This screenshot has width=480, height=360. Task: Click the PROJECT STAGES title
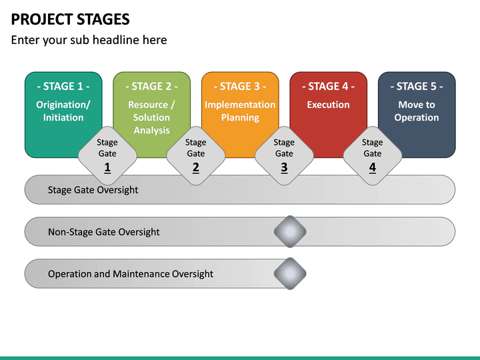coord(71,19)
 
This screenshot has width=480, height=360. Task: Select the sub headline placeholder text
coord(89,40)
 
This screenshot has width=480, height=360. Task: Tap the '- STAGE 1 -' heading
coord(63,86)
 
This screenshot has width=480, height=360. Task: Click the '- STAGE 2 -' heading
coord(151,86)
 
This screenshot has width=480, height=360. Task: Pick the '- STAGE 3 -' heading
coord(240,86)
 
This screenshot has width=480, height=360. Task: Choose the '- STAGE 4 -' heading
coord(328,86)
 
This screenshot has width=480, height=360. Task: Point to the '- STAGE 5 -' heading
coord(417,86)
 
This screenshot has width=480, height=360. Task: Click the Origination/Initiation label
coord(63,111)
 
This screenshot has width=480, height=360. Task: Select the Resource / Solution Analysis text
coord(151,117)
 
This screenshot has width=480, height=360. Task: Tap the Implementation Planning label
coord(240,111)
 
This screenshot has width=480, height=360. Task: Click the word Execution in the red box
coord(328,105)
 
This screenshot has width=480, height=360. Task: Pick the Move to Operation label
coord(417,111)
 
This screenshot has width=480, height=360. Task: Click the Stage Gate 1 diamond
coord(107,155)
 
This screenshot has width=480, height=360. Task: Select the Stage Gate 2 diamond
coord(195,155)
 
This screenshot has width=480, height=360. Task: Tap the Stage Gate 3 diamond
coord(284,155)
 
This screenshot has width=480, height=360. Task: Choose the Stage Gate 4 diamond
coord(372,155)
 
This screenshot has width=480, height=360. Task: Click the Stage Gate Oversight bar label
coord(93,190)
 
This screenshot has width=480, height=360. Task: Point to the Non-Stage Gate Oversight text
coord(103,232)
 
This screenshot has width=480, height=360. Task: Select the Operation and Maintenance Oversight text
coord(131,274)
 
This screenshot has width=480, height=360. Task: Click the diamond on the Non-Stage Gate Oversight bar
coord(290,231)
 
